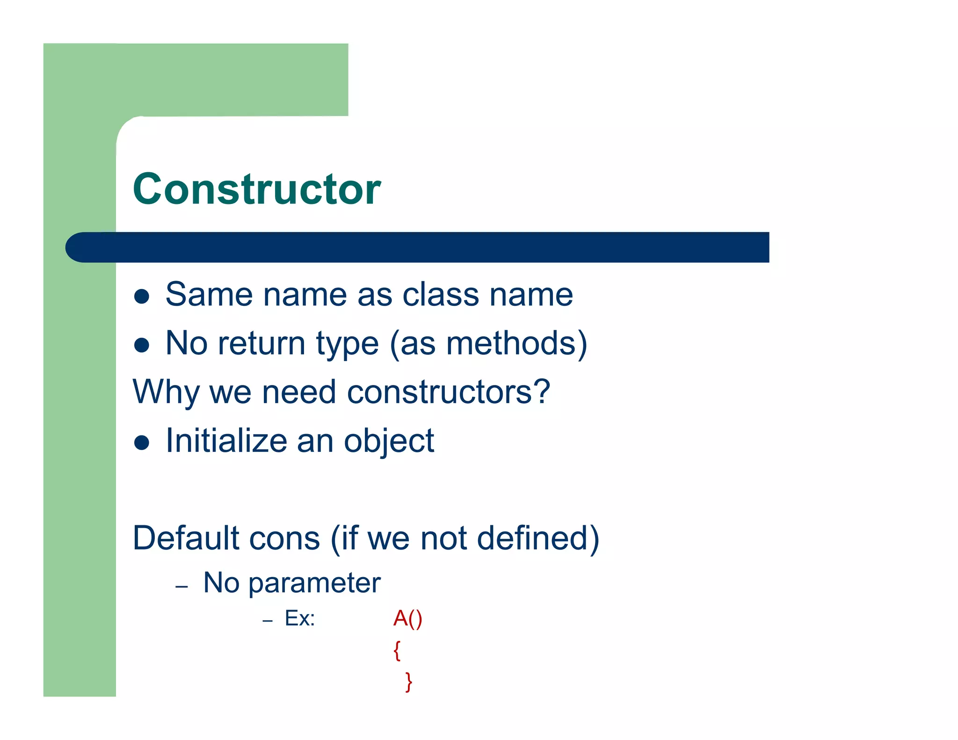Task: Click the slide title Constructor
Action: click(257, 189)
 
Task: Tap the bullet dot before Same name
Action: click(141, 297)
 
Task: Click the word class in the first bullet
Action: click(441, 295)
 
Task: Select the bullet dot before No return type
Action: click(141, 345)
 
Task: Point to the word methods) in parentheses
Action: click(516, 343)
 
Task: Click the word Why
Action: click(166, 392)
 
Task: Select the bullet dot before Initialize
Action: click(141, 443)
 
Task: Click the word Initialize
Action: click(226, 441)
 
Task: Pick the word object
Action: click(389, 442)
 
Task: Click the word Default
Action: click(186, 538)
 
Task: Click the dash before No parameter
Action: click(181, 586)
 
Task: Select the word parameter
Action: click(314, 584)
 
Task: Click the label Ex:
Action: click(300, 619)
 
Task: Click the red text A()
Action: click(407, 619)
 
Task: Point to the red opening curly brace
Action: click(397, 650)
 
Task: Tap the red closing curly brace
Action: click(409, 682)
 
